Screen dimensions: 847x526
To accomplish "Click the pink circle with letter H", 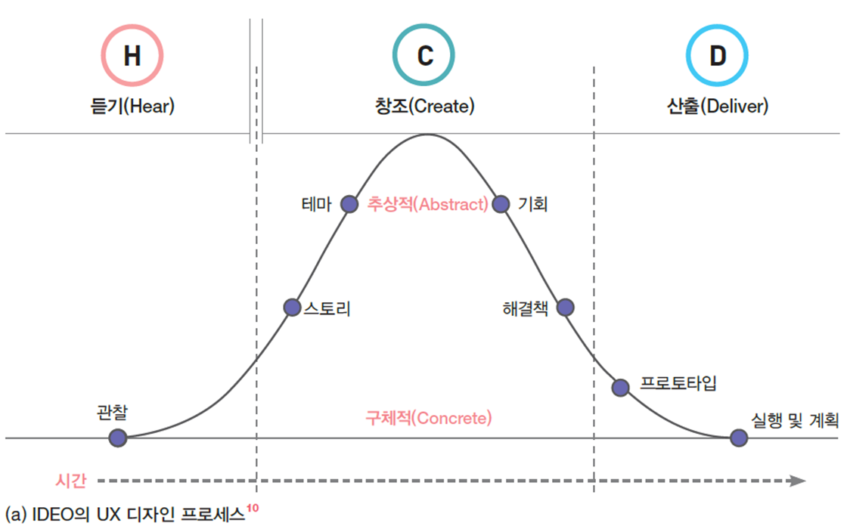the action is click(132, 56).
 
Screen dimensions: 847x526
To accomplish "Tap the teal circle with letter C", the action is click(423, 56).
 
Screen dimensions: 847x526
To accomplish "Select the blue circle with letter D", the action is click(717, 56).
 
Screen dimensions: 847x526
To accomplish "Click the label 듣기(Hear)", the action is click(132, 107).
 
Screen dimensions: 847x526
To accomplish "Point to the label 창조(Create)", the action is click(424, 107).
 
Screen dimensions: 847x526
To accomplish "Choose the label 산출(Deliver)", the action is click(717, 107).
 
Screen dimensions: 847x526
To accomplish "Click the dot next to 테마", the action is click(349, 204).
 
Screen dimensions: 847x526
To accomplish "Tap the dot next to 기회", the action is click(500, 204).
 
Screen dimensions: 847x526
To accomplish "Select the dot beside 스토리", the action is click(292, 308).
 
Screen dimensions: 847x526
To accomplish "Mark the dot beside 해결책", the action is click(565, 308).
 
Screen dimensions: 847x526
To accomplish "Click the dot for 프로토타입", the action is click(621, 388).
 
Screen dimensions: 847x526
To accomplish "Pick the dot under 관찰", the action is click(117, 438).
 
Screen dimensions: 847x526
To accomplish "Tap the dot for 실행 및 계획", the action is click(739, 438).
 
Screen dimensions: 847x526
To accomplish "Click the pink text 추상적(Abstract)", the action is click(428, 204).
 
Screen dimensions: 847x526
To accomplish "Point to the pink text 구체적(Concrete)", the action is click(428, 417).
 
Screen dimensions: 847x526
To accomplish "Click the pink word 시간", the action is click(71, 480).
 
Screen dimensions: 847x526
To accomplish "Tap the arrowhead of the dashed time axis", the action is click(797, 480).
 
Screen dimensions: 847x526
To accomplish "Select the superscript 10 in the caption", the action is click(253, 509).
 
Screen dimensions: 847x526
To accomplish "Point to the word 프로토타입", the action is click(678, 382).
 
